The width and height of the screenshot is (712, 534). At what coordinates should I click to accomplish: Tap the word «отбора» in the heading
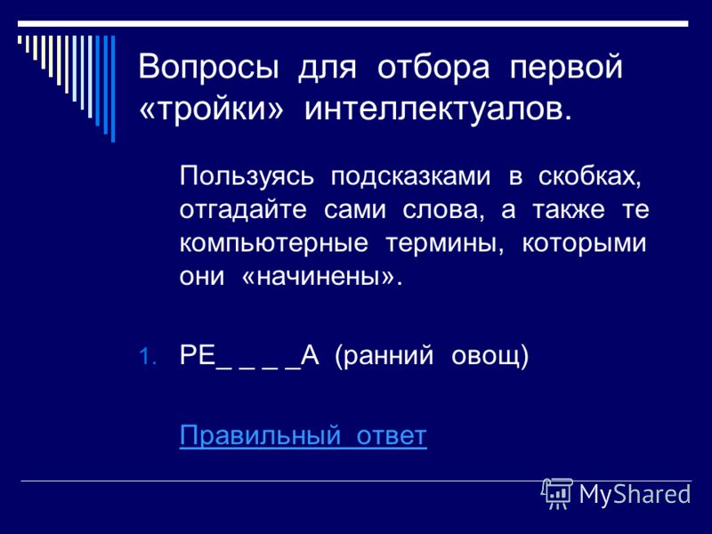(433, 68)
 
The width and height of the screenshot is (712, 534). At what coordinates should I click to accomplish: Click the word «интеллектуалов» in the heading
(438, 109)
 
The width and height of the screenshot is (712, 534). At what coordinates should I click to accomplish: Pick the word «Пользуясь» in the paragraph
(247, 175)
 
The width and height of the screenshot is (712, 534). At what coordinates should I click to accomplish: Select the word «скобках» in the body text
(589, 176)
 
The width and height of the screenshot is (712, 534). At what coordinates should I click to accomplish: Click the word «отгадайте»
(243, 210)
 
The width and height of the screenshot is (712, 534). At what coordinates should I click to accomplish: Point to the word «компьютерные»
(273, 244)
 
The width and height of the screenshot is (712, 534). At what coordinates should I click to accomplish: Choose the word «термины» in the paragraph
(444, 244)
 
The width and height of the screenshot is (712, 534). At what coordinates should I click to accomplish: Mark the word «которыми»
(584, 244)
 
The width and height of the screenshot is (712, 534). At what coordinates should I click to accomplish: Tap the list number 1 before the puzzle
(147, 357)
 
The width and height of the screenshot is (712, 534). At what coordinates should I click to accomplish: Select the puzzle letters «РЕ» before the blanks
(198, 354)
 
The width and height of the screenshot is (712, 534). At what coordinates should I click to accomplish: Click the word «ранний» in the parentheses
(384, 355)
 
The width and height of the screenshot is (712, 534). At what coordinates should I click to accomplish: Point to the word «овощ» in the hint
(489, 356)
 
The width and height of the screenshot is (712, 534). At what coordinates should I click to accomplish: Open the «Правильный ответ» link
(303, 436)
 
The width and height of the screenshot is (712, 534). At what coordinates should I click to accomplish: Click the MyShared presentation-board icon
(557, 494)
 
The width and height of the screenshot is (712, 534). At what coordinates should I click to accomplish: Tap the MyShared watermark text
(635, 494)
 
